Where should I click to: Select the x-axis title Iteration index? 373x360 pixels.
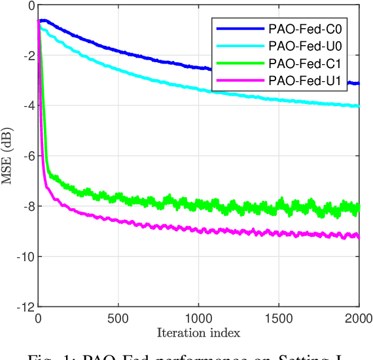(198, 333)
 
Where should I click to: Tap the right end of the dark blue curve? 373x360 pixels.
(359, 84)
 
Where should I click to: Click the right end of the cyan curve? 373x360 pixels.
(359, 106)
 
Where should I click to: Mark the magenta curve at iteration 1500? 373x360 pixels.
(279, 232)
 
